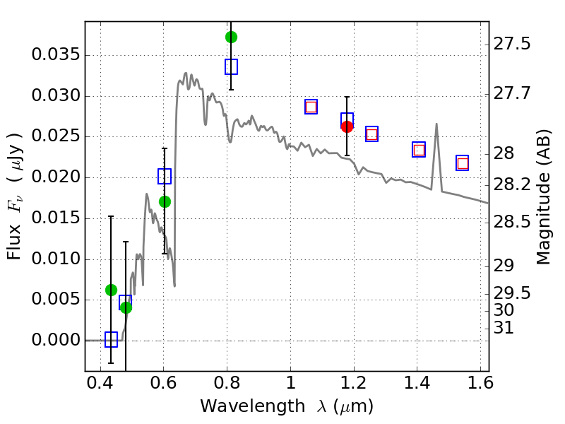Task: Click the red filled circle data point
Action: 347,126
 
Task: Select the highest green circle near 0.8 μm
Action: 231,37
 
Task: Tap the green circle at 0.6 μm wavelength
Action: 165,201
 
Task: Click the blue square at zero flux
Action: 111,339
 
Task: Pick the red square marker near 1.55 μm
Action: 463,163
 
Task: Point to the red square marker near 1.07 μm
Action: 311,107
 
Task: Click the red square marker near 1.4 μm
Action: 419,149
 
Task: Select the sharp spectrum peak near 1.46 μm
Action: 436,124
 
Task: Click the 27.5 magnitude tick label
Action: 513,44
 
